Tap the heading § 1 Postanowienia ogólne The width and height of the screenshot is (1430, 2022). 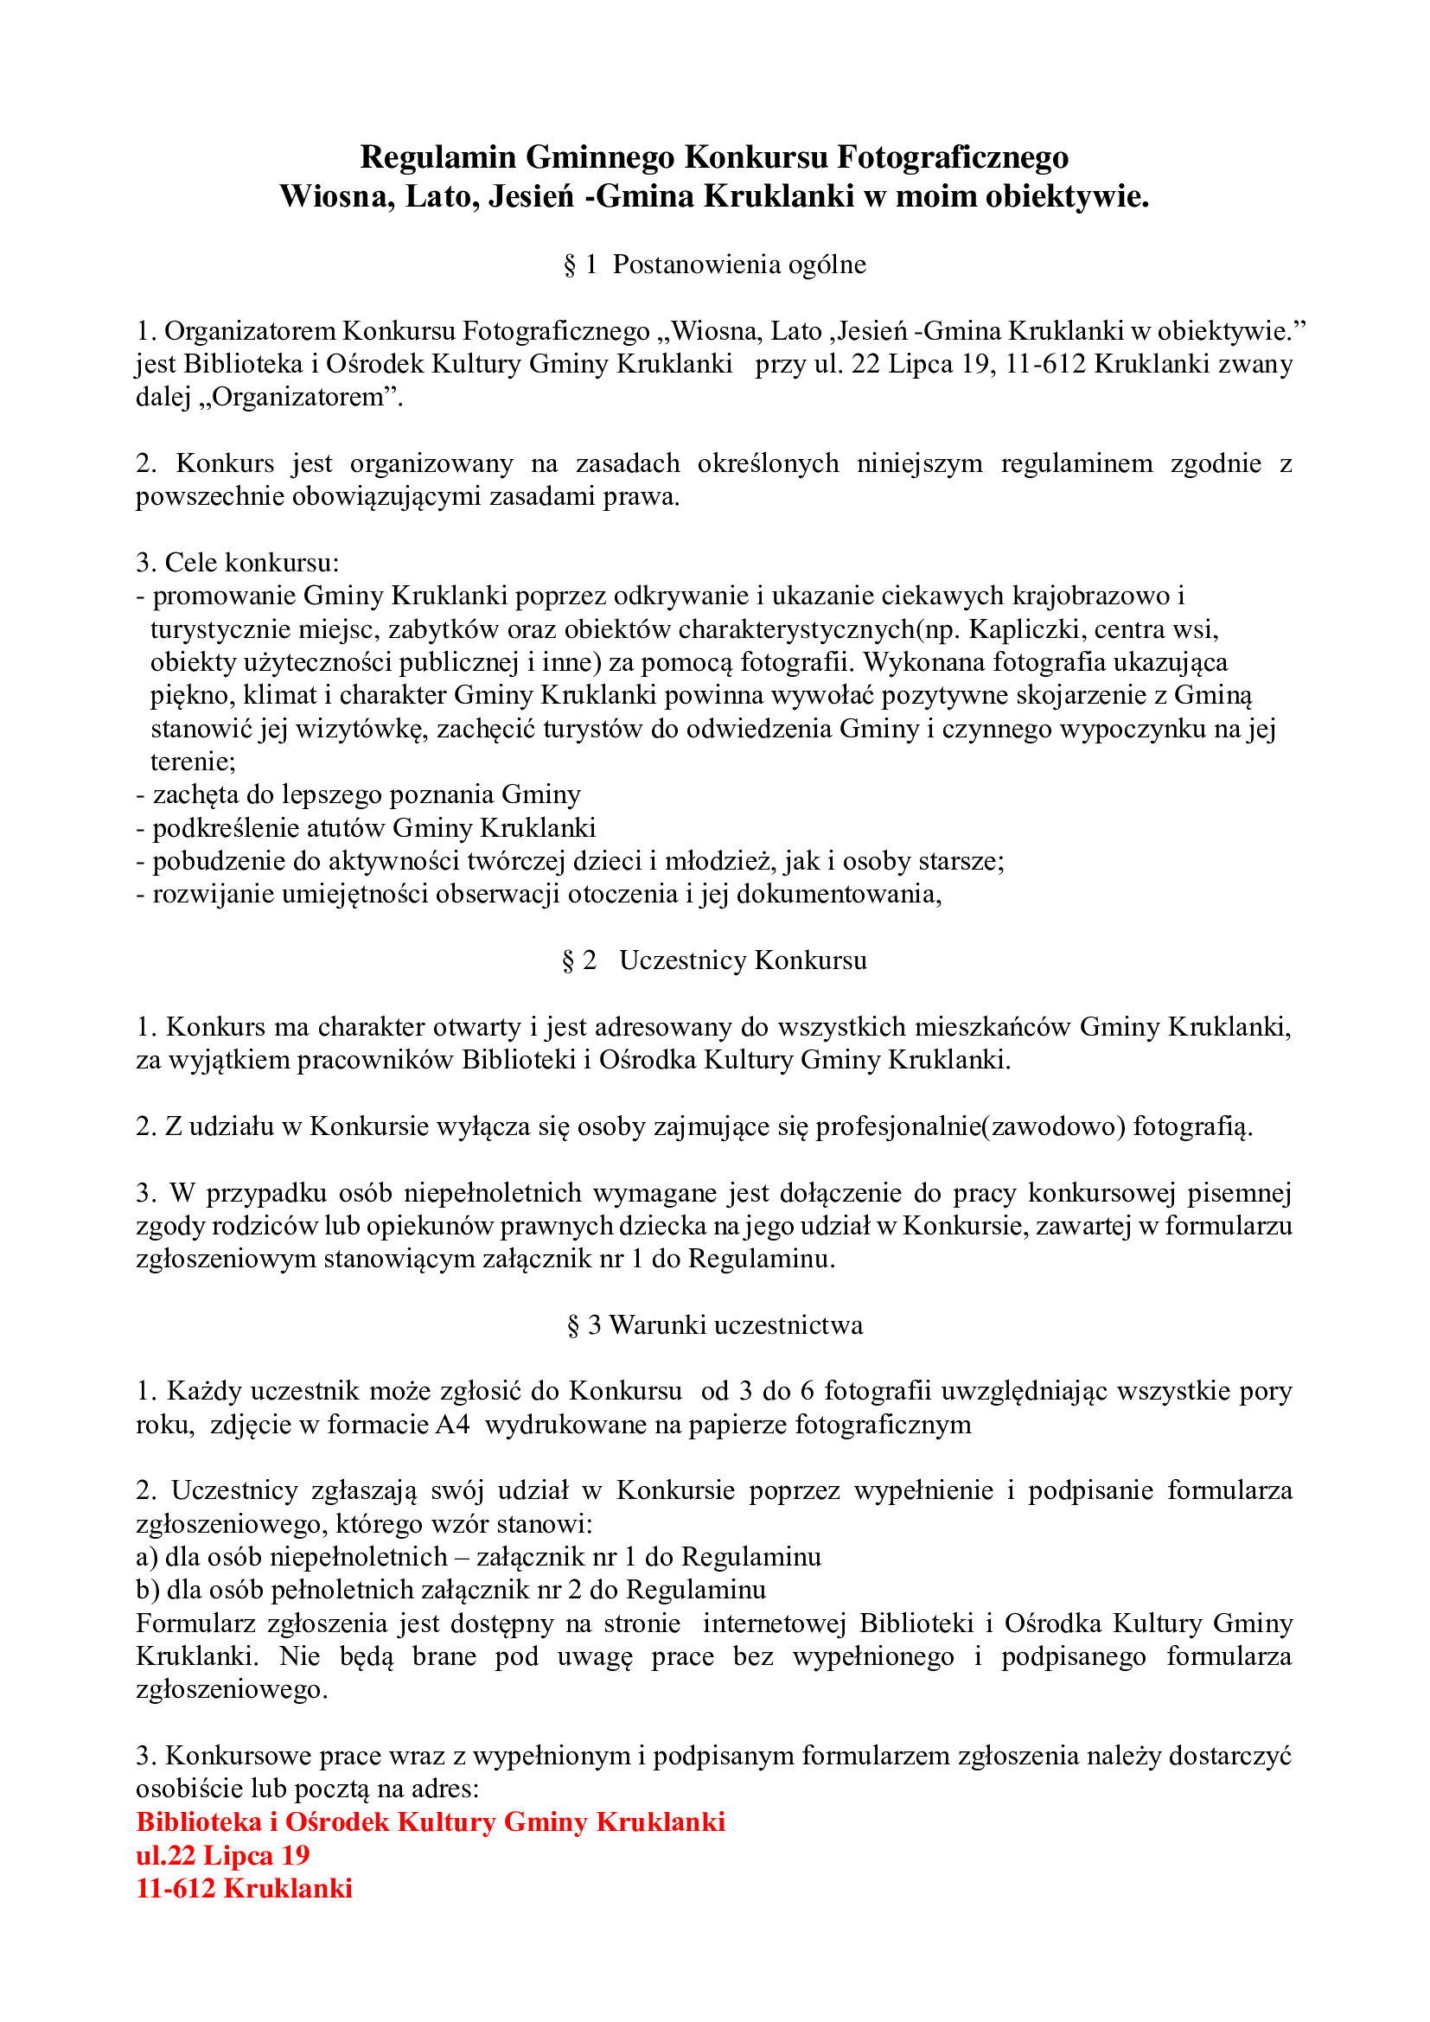pyautogui.click(x=714, y=265)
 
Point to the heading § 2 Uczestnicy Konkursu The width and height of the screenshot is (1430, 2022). pyautogui.click(x=714, y=960)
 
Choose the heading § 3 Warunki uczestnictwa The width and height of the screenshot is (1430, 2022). pyautogui.click(x=714, y=1324)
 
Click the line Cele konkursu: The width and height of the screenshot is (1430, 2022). pyautogui.click(x=237, y=563)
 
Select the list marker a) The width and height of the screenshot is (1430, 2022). pyautogui.click(x=147, y=1557)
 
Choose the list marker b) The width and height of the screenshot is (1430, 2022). pyautogui.click(x=147, y=1590)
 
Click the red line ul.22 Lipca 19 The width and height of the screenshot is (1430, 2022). pyautogui.click(x=223, y=1855)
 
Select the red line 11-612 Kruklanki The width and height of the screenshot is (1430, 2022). pyautogui.click(x=244, y=1888)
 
